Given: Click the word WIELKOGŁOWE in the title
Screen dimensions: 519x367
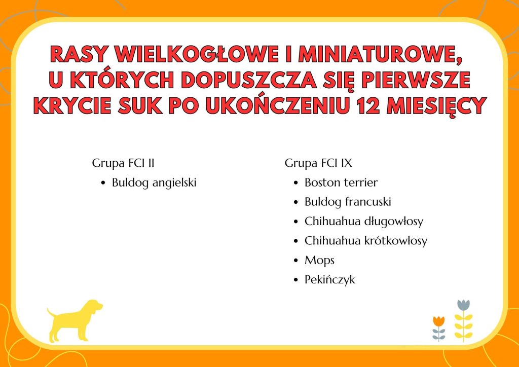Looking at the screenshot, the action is pyautogui.click(x=196, y=55).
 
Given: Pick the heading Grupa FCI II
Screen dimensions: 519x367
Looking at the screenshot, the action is pyautogui.click(x=123, y=163).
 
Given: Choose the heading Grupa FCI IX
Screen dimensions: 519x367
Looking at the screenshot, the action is pyautogui.click(x=318, y=163).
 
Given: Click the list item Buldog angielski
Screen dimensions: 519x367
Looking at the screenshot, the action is pyautogui.click(x=154, y=182).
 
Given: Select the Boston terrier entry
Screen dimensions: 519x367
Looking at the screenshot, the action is pyautogui.click(x=341, y=182).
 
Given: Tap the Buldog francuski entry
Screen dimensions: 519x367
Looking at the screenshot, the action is pyautogui.click(x=348, y=202).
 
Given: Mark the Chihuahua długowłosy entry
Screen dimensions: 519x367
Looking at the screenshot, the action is pyautogui.click(x=364, y=222).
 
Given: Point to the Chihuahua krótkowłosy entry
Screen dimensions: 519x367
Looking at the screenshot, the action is pyautogui.click(x=366, y=241).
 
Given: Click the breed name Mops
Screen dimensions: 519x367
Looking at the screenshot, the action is pyautogui.click(x=319, y=261).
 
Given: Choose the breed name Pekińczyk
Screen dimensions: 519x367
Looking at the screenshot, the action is pyautogui.click(x=329, y=280).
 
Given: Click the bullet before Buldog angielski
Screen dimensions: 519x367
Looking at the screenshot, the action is pyautogui.click(x=103, y=183).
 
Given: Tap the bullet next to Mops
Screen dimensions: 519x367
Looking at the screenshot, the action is pyautogui.click(x=296, y=261).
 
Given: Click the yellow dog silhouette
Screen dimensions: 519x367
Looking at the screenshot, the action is pyautogui.click(x=75, y=321).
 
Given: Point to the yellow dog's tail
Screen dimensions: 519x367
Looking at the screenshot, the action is pyautogui.click(x=51, y=313).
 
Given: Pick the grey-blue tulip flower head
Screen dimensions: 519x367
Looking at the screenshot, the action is pyautogui.click(x=463, y=305).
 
